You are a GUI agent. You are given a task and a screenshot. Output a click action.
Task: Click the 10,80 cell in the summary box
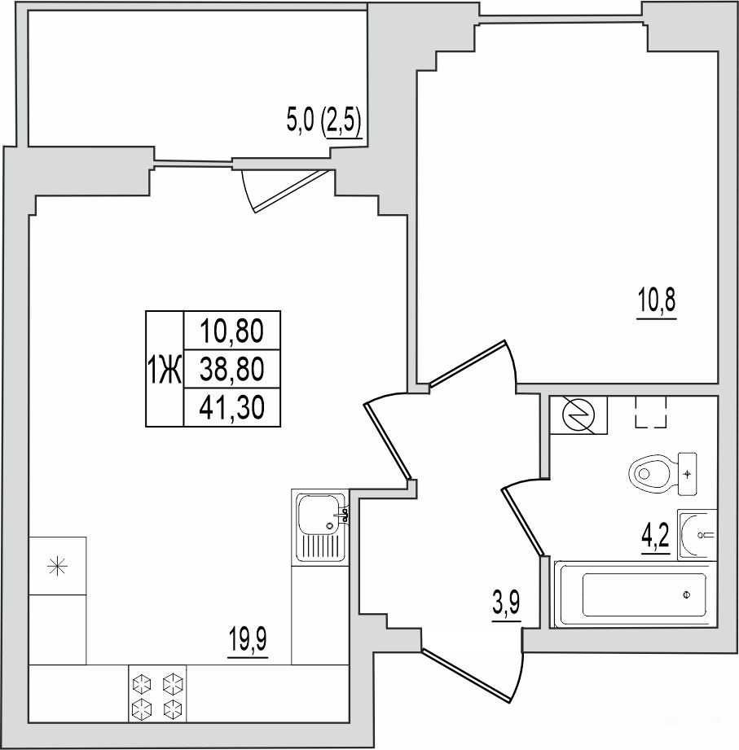pos(232,331)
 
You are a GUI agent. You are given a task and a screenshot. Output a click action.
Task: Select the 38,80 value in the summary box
pos(232,369)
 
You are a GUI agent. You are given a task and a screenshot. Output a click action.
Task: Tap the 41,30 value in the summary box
pos(232,408)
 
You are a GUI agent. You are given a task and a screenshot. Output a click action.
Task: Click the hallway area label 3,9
pos(506,605)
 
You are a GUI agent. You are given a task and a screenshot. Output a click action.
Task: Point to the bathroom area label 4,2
pos(656,537)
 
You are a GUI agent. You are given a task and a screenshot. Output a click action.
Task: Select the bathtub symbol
pos(636,594)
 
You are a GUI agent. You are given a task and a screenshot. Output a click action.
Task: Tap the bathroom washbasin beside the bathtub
pos(697,535)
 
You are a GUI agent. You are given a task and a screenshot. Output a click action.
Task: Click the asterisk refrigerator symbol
pos(57,566)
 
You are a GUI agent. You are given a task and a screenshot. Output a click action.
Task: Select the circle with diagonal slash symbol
pos(578,414)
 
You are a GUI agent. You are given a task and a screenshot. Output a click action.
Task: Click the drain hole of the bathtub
pos(686,594)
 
